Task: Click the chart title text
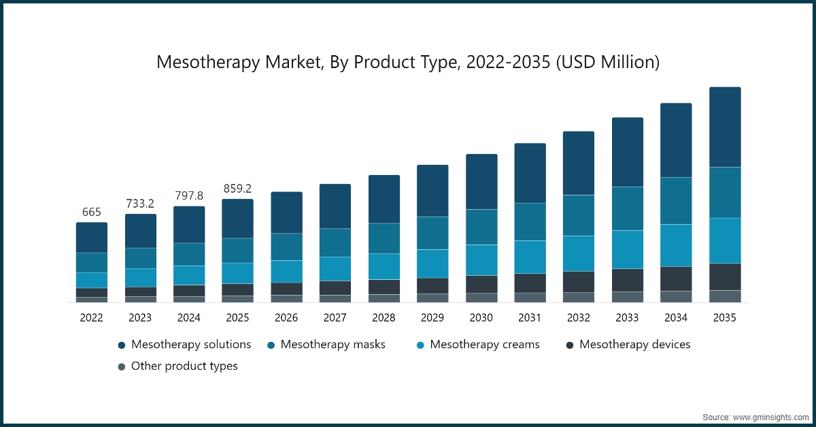(408, 62)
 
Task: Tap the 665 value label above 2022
(91, 212)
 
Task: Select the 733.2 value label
(140, 204)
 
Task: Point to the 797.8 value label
(189, 195)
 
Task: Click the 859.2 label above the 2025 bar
(237, 188)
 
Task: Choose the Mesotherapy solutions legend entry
(184, 345)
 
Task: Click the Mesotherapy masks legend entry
(326, 345)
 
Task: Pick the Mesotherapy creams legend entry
(478, 345)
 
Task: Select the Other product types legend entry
(177, 366)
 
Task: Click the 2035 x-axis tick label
(725, 317)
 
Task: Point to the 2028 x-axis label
(384, 317)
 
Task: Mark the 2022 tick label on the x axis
(91, 317)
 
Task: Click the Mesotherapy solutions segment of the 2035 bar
(725, 127)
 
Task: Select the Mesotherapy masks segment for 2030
(481, 227)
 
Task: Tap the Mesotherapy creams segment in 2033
(628, 249)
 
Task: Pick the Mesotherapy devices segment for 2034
(676, 279)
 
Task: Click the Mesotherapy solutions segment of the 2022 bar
(91, 238)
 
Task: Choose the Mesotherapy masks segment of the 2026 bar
(286, 247)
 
